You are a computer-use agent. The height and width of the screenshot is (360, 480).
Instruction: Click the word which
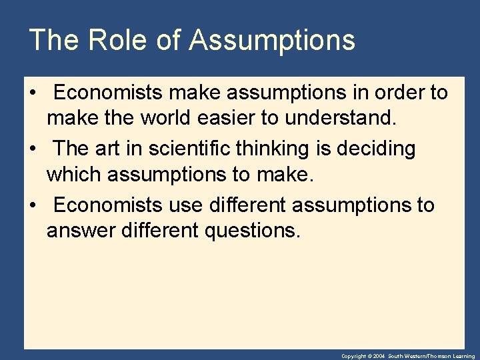pyautogui.click(x=74, y=175)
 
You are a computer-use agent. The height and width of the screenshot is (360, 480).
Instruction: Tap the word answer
pyautogui.click(x=80, y=232)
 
